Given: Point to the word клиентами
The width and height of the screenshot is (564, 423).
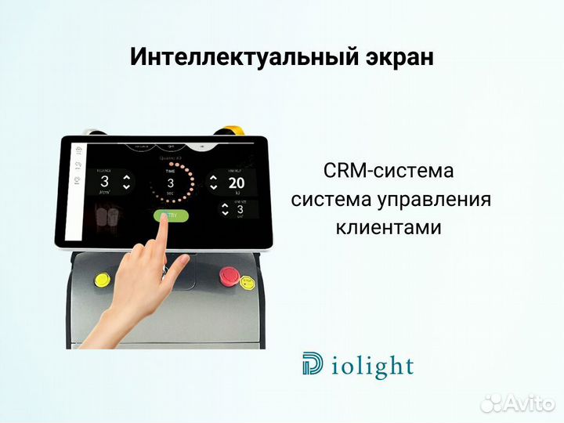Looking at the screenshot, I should click(389, 228).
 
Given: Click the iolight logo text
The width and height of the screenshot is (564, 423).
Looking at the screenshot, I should click(371, 365).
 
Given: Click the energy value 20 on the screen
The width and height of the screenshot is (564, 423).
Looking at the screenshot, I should click(237, 183).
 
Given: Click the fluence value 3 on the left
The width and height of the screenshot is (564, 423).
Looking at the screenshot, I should click(104, 182).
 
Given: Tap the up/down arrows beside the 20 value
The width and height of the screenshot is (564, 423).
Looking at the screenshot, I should click(213, 183).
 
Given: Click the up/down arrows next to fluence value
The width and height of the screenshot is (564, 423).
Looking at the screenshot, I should click(127, 183).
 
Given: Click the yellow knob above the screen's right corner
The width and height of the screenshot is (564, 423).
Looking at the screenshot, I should click(234, 129).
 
